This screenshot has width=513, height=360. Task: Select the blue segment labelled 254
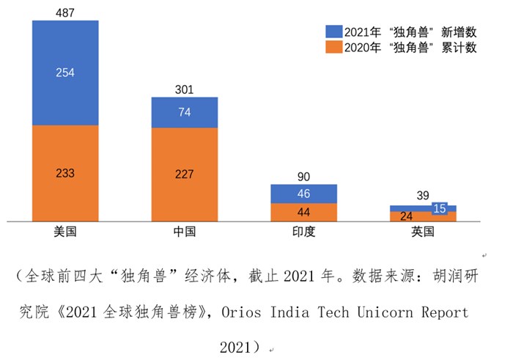click(65, 73)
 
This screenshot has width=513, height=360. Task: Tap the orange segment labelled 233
click(65, 173)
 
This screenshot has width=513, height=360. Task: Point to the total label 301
click(184, 90)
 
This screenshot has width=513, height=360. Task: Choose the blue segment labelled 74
click(184, 112)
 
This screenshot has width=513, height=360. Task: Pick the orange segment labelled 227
click(184, 174)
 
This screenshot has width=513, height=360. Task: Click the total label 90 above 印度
click(303, 177)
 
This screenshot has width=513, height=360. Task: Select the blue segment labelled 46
click(303, 194)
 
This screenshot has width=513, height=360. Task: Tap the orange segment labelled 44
click(303, 212)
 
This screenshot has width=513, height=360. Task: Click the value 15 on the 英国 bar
click(440, 208)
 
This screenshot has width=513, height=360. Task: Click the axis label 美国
click(65, 232)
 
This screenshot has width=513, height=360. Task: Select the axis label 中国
click(184, 232)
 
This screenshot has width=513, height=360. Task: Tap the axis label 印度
click(303, 232)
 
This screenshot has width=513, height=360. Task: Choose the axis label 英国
click(423, 232)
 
